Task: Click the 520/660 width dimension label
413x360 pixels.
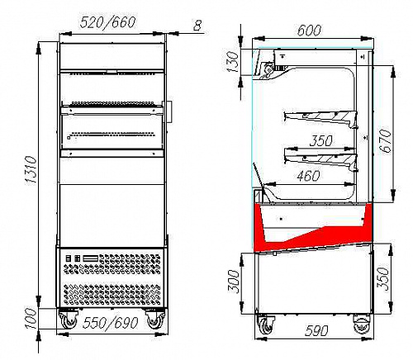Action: (107, 22)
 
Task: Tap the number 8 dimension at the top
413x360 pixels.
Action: (197, 26)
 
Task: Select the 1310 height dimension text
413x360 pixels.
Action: (31, 170)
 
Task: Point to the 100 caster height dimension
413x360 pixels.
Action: (31, 319)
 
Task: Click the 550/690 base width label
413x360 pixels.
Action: (110, 323)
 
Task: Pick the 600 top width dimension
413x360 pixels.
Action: (309, 31)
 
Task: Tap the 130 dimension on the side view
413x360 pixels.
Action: (233, 62)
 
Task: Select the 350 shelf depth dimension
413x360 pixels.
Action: (321, 140)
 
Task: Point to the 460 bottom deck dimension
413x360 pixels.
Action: (308, 176)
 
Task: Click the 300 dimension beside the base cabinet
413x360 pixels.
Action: (234, 282)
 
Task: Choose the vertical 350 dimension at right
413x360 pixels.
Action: (383, 279)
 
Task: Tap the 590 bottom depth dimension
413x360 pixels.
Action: (316, 330)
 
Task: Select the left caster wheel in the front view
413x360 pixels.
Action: (68, 320)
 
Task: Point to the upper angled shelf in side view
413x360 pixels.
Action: (320, 117)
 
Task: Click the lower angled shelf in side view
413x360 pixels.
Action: (320, 159)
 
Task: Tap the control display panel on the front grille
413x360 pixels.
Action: (91, 258)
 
